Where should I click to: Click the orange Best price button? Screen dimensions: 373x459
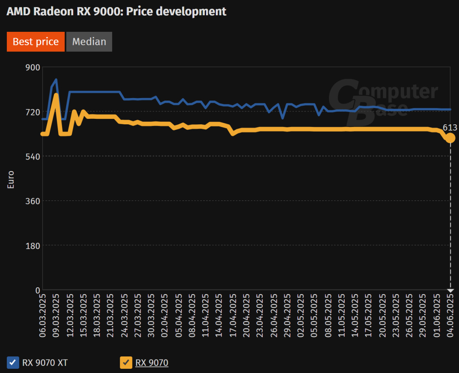point(36,42)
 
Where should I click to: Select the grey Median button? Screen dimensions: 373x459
point(89,42)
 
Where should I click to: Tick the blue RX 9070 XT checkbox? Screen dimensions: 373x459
point(13,363)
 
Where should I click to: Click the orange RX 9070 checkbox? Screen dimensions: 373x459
point(126,363)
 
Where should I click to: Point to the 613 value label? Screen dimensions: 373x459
point(450,128)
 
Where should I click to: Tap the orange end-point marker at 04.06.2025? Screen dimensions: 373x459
point(450,138)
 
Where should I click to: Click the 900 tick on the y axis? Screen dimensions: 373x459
point(33,67)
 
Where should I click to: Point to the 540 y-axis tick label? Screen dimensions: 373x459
point(33,156)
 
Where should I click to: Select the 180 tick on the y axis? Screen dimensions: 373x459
point(33,245)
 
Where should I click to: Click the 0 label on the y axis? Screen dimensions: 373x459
point(37,290)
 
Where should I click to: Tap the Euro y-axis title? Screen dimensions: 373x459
point(11,180)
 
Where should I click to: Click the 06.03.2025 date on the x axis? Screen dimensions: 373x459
point(42,314)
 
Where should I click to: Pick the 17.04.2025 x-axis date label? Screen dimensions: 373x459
point(232,314)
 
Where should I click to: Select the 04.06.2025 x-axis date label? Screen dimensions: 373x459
point(450,314)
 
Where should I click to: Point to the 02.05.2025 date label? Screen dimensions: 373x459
point(300,314)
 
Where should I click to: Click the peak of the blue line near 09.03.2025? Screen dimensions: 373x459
point(56,79)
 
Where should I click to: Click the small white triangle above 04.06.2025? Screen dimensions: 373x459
point(450,291)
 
